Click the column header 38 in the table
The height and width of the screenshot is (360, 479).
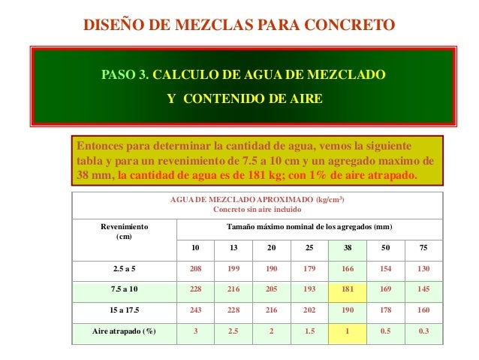348,248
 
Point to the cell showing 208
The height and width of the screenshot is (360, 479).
194,268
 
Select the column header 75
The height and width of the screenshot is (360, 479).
424,248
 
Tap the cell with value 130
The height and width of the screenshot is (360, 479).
424,268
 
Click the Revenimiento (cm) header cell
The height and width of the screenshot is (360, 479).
124,231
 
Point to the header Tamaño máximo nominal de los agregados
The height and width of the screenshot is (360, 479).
309,226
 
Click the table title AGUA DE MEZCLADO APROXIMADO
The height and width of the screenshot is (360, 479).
258,199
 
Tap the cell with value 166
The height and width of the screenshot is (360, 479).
348,268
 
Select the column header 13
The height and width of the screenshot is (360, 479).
233,248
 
